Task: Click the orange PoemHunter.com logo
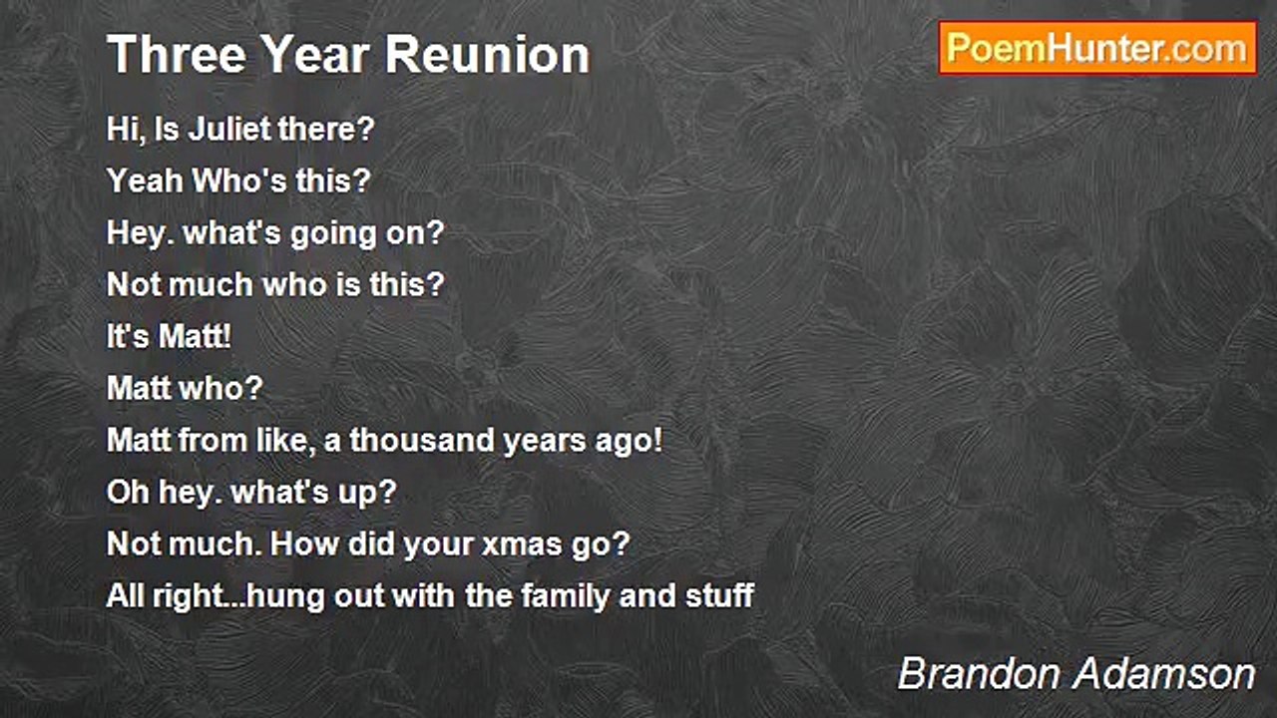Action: pos(1097,48)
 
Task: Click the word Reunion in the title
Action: pos(488,55)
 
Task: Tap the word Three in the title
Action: pos(177,55)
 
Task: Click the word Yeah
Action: pos(145,180)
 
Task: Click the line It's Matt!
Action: pos(169,336)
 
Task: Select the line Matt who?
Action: pos(185,388)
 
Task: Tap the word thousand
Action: pos(422,440)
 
